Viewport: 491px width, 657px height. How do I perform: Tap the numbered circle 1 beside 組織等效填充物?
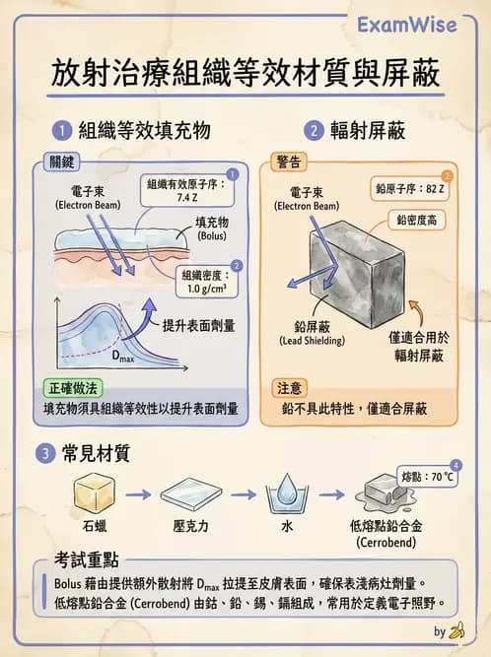click(x=62, y=130)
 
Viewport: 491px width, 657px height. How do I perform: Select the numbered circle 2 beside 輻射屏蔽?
click(x=315, y=130)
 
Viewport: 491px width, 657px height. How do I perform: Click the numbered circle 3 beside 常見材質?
click(x=45, y=454)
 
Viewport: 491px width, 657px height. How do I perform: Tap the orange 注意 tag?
click(x=289, y=387)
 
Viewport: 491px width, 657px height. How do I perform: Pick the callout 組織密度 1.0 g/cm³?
click(x=205, y=283)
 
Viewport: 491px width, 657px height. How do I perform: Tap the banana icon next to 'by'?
click(x=456, y=631)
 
